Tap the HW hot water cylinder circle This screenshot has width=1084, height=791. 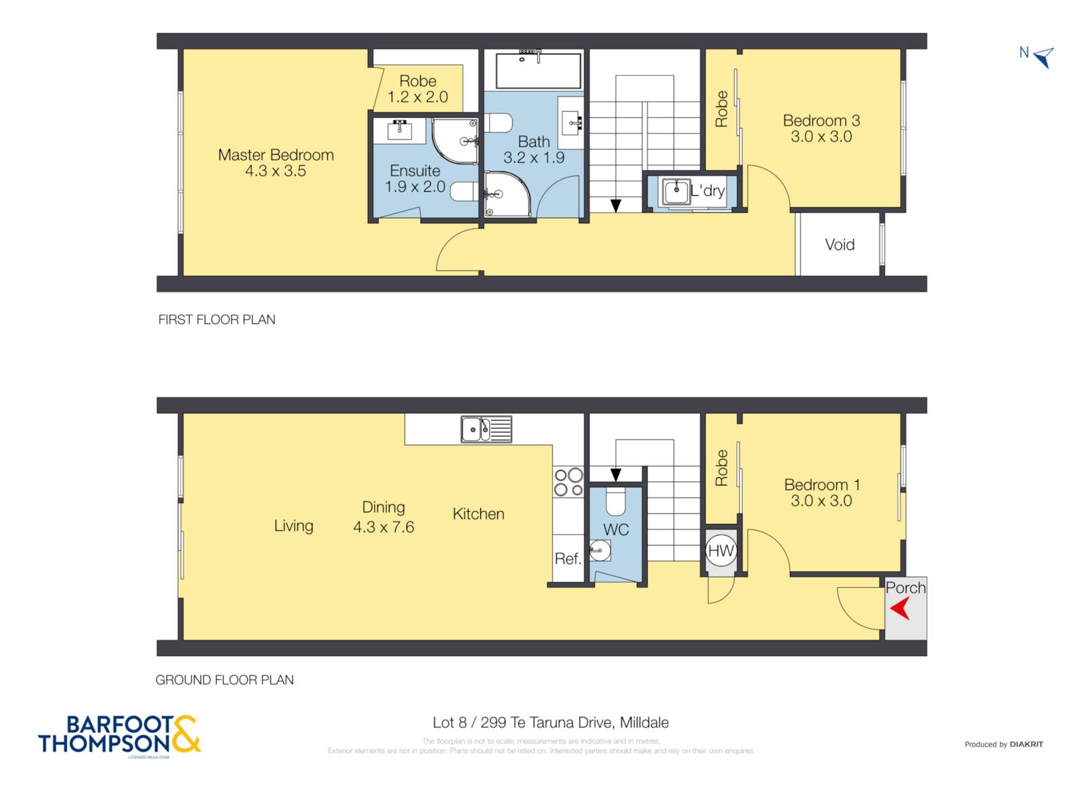coord(720,550)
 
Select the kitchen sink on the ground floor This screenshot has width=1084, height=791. coord(486,429)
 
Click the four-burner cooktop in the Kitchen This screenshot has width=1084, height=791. coord(568,481)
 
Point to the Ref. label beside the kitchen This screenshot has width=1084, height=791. coord(568,559)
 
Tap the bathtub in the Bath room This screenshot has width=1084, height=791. coord(538,69)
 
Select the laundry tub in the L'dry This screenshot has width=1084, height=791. coord(675,191)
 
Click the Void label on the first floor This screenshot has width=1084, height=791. coord(839,245)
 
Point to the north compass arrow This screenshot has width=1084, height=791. coord(1044,57)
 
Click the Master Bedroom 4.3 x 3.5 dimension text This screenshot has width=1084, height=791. coord(276,171)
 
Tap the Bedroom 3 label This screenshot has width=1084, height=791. coord(821,121)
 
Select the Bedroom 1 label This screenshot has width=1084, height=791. coord(822,485)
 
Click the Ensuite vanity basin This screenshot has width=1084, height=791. coord(400,129)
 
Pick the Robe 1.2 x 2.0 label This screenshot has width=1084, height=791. coord(417,89)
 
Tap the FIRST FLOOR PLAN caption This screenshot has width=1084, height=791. coord(217,319)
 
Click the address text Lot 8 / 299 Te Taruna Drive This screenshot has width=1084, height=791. coord(550,723)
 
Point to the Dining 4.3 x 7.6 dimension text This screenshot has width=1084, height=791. coord(383,527)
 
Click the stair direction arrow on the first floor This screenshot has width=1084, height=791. coord(615,205)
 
